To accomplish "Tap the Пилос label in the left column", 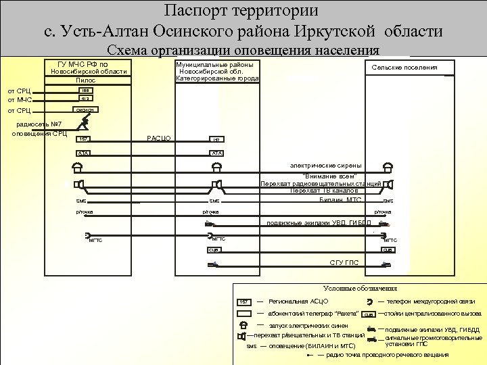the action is [x=86, y=80].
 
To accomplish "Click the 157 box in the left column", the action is [x=83, y=139].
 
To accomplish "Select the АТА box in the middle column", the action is [x=216, y=153].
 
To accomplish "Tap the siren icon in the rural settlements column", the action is [x=388, y=168].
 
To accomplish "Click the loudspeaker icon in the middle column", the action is [x=216, y=184].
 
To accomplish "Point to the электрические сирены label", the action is [x=325, y=165].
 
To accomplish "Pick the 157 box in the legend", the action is [x=243, y=301].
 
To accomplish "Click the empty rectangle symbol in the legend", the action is [x=243, y=314].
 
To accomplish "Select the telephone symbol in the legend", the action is [x=369, y=301].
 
